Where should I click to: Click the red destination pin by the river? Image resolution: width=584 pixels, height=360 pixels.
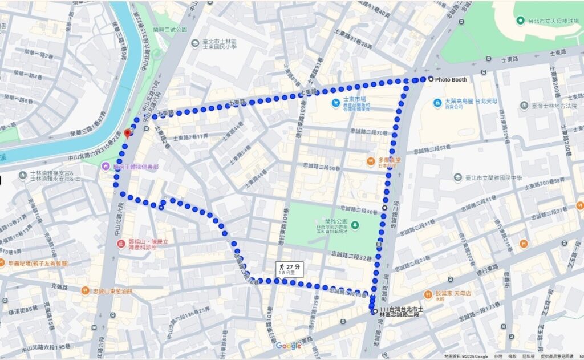(127, 134)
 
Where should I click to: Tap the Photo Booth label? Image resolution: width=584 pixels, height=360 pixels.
(451, 79)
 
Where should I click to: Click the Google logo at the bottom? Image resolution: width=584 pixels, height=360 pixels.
(288, 346)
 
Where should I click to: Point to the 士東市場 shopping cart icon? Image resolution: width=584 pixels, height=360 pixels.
(336, 103)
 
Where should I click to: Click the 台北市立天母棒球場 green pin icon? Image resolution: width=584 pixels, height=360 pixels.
(520, 21)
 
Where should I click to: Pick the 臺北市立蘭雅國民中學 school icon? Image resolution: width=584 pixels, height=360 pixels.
(457, 177)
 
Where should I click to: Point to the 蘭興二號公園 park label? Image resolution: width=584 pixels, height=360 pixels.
(170, 30)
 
